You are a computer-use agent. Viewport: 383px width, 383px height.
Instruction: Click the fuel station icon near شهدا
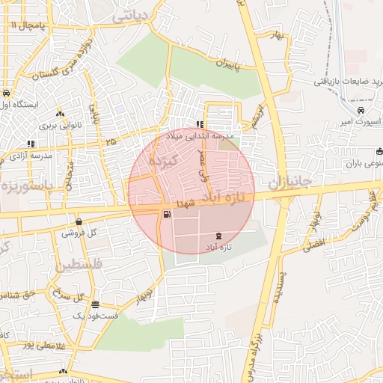tap(165, 215)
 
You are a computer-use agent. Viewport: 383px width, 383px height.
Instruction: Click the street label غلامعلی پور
tap(30, 345)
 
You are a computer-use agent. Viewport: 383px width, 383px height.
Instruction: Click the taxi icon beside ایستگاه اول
tap(6, 94)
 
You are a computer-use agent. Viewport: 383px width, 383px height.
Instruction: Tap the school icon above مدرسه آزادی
tap(31, 144)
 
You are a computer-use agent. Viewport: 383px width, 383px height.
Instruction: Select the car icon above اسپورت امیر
tap(361, 111)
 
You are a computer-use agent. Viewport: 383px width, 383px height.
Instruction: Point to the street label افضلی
tap(313, 241)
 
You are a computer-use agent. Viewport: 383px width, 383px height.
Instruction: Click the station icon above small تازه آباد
tap(218, 236)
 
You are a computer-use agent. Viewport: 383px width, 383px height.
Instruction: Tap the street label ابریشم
tap(259, 114)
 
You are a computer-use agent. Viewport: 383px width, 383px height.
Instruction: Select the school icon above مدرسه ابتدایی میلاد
tap(200, 125)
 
